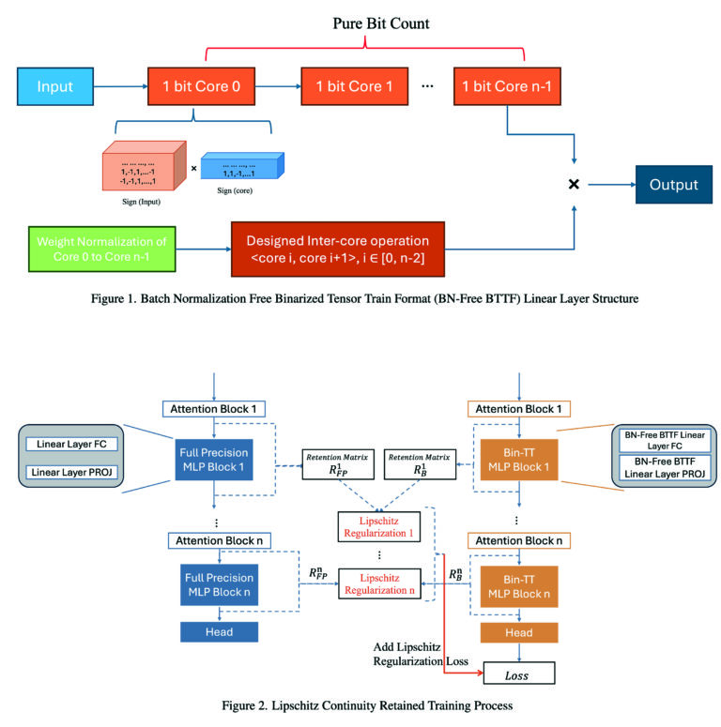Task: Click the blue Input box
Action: (55, 87)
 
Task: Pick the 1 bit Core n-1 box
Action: (508, 87)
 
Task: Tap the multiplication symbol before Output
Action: (574, 185)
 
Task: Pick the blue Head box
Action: (219, 633)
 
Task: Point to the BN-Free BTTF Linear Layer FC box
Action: (663, 441)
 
